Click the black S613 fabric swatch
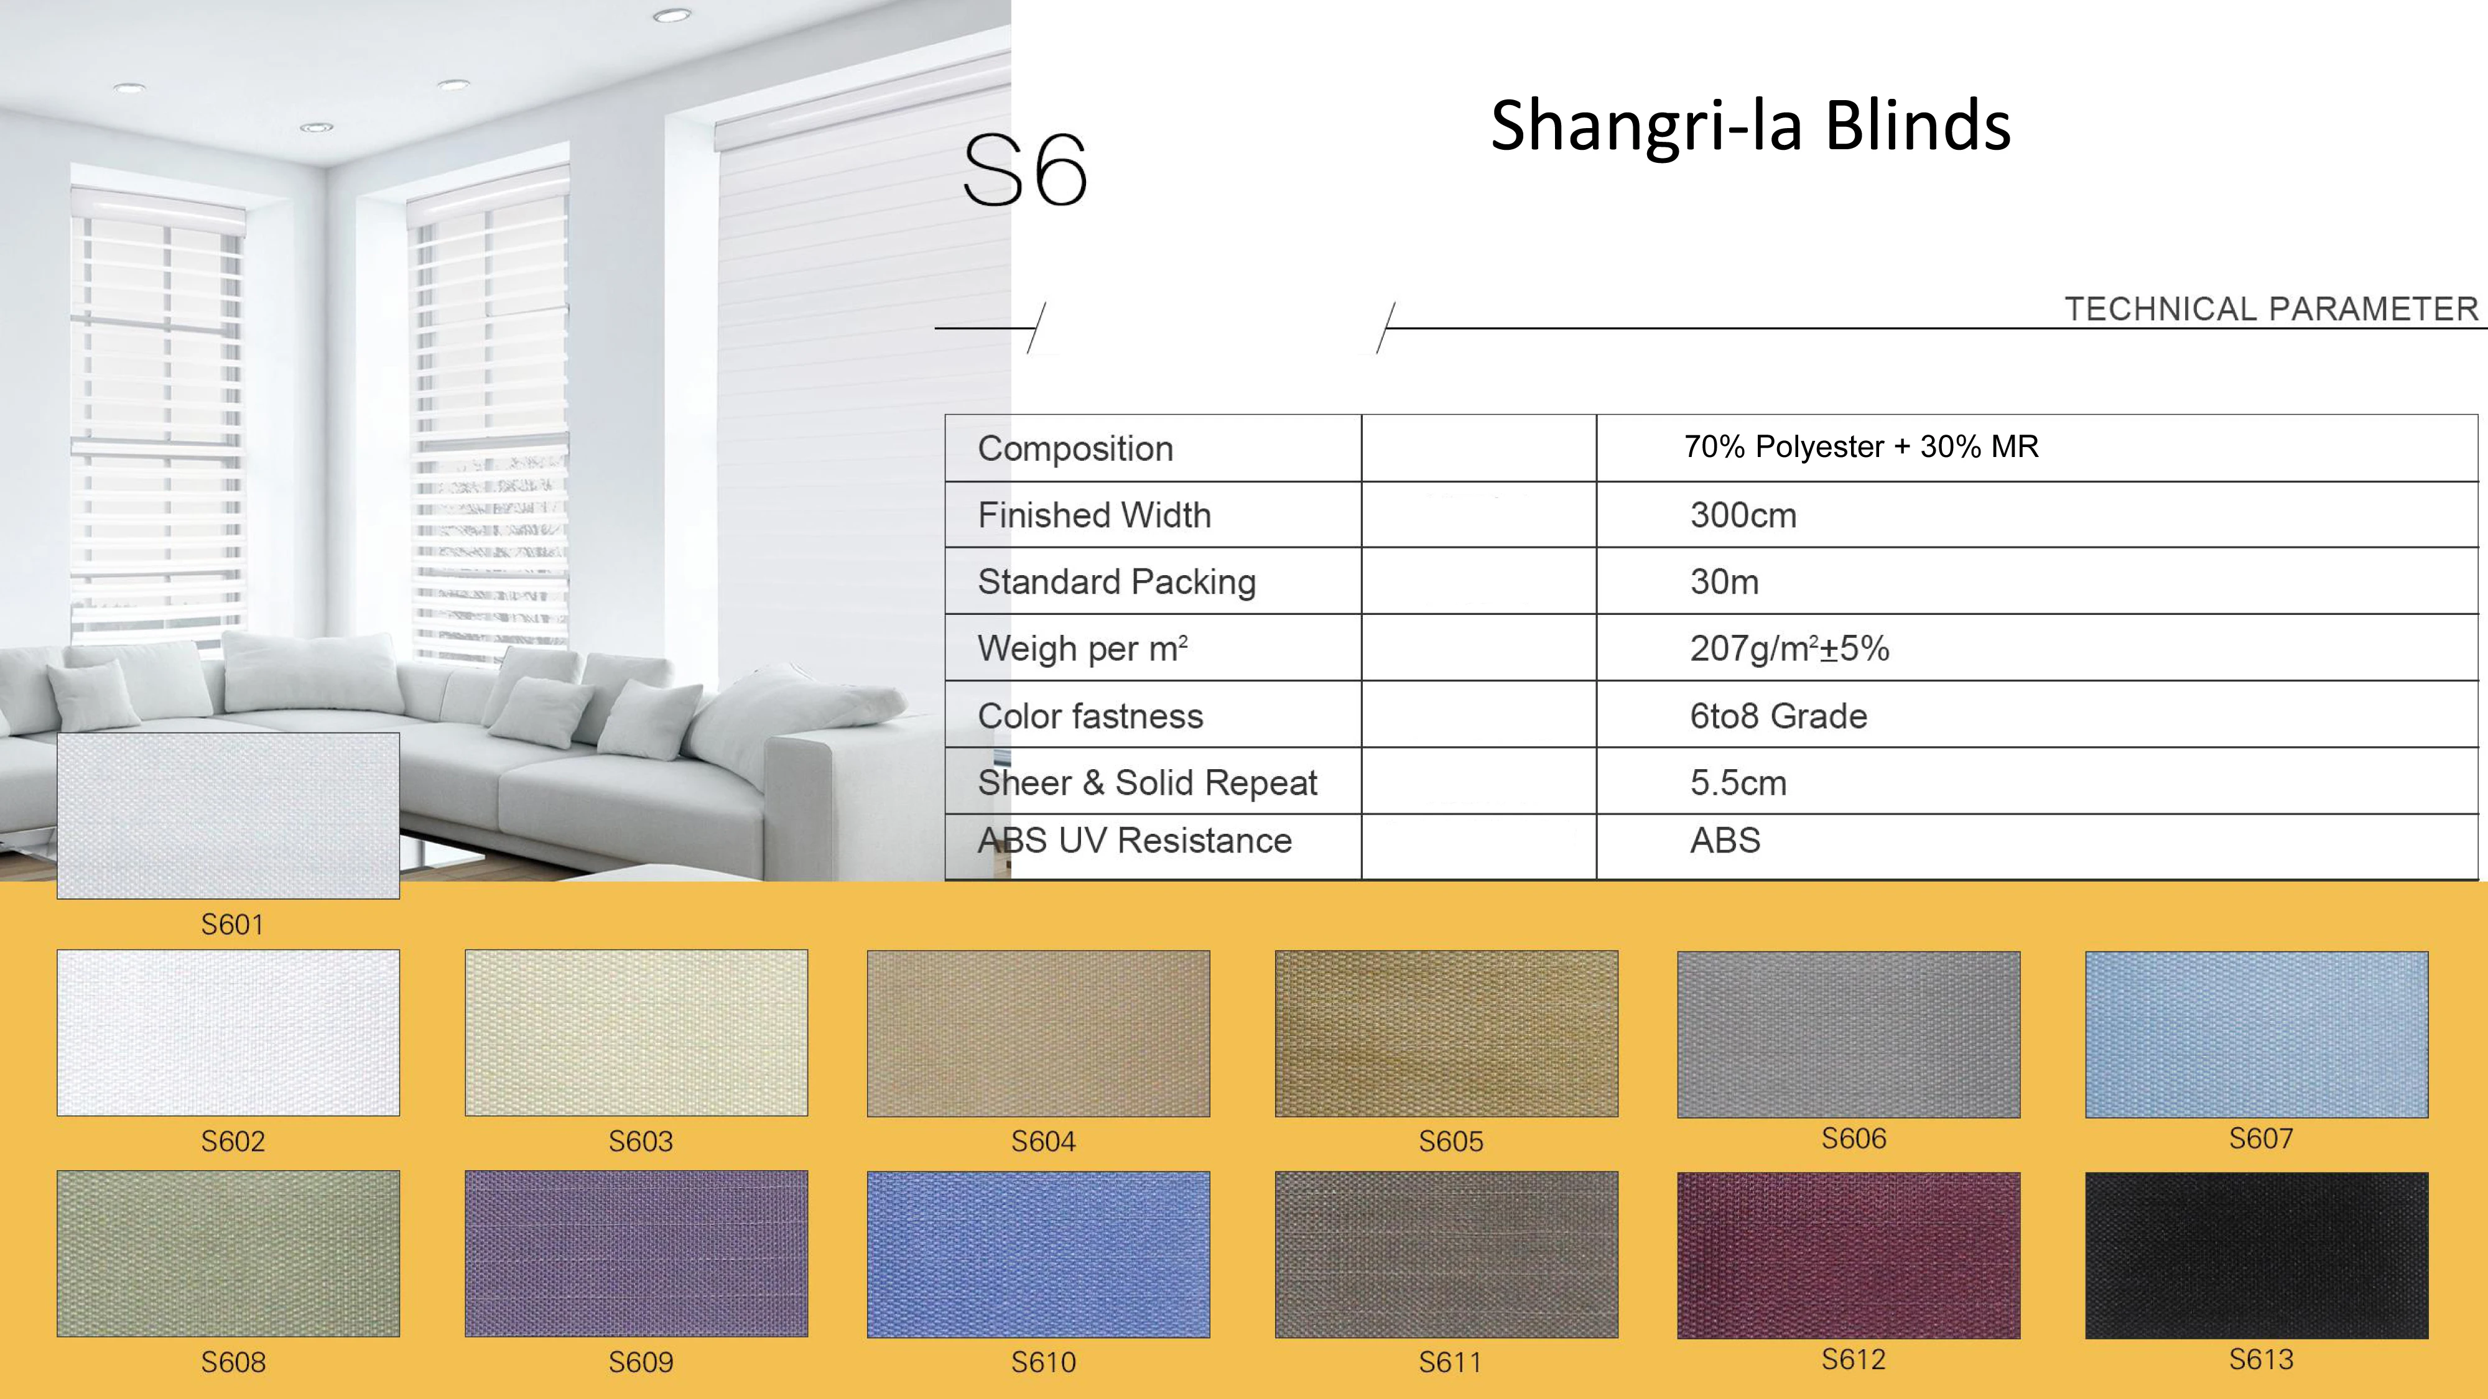[2256, 1255]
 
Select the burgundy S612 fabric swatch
[1849, 1255]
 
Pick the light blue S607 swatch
[2256, 1034]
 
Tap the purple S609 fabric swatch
[636, 1254]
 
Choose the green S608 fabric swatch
[228, 1254]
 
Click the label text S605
[1451, 1141]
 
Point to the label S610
[1043, 1362]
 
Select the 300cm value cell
[1743, 515]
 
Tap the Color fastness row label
[1090, 716]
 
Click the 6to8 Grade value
[1778, 716]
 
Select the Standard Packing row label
[1116, 582]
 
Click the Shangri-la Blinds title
[1750, 126]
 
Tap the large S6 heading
[1026, 171]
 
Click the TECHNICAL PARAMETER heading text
[2272, 309]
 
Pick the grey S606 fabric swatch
[1849, 1034]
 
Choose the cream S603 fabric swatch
[636, 1033]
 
